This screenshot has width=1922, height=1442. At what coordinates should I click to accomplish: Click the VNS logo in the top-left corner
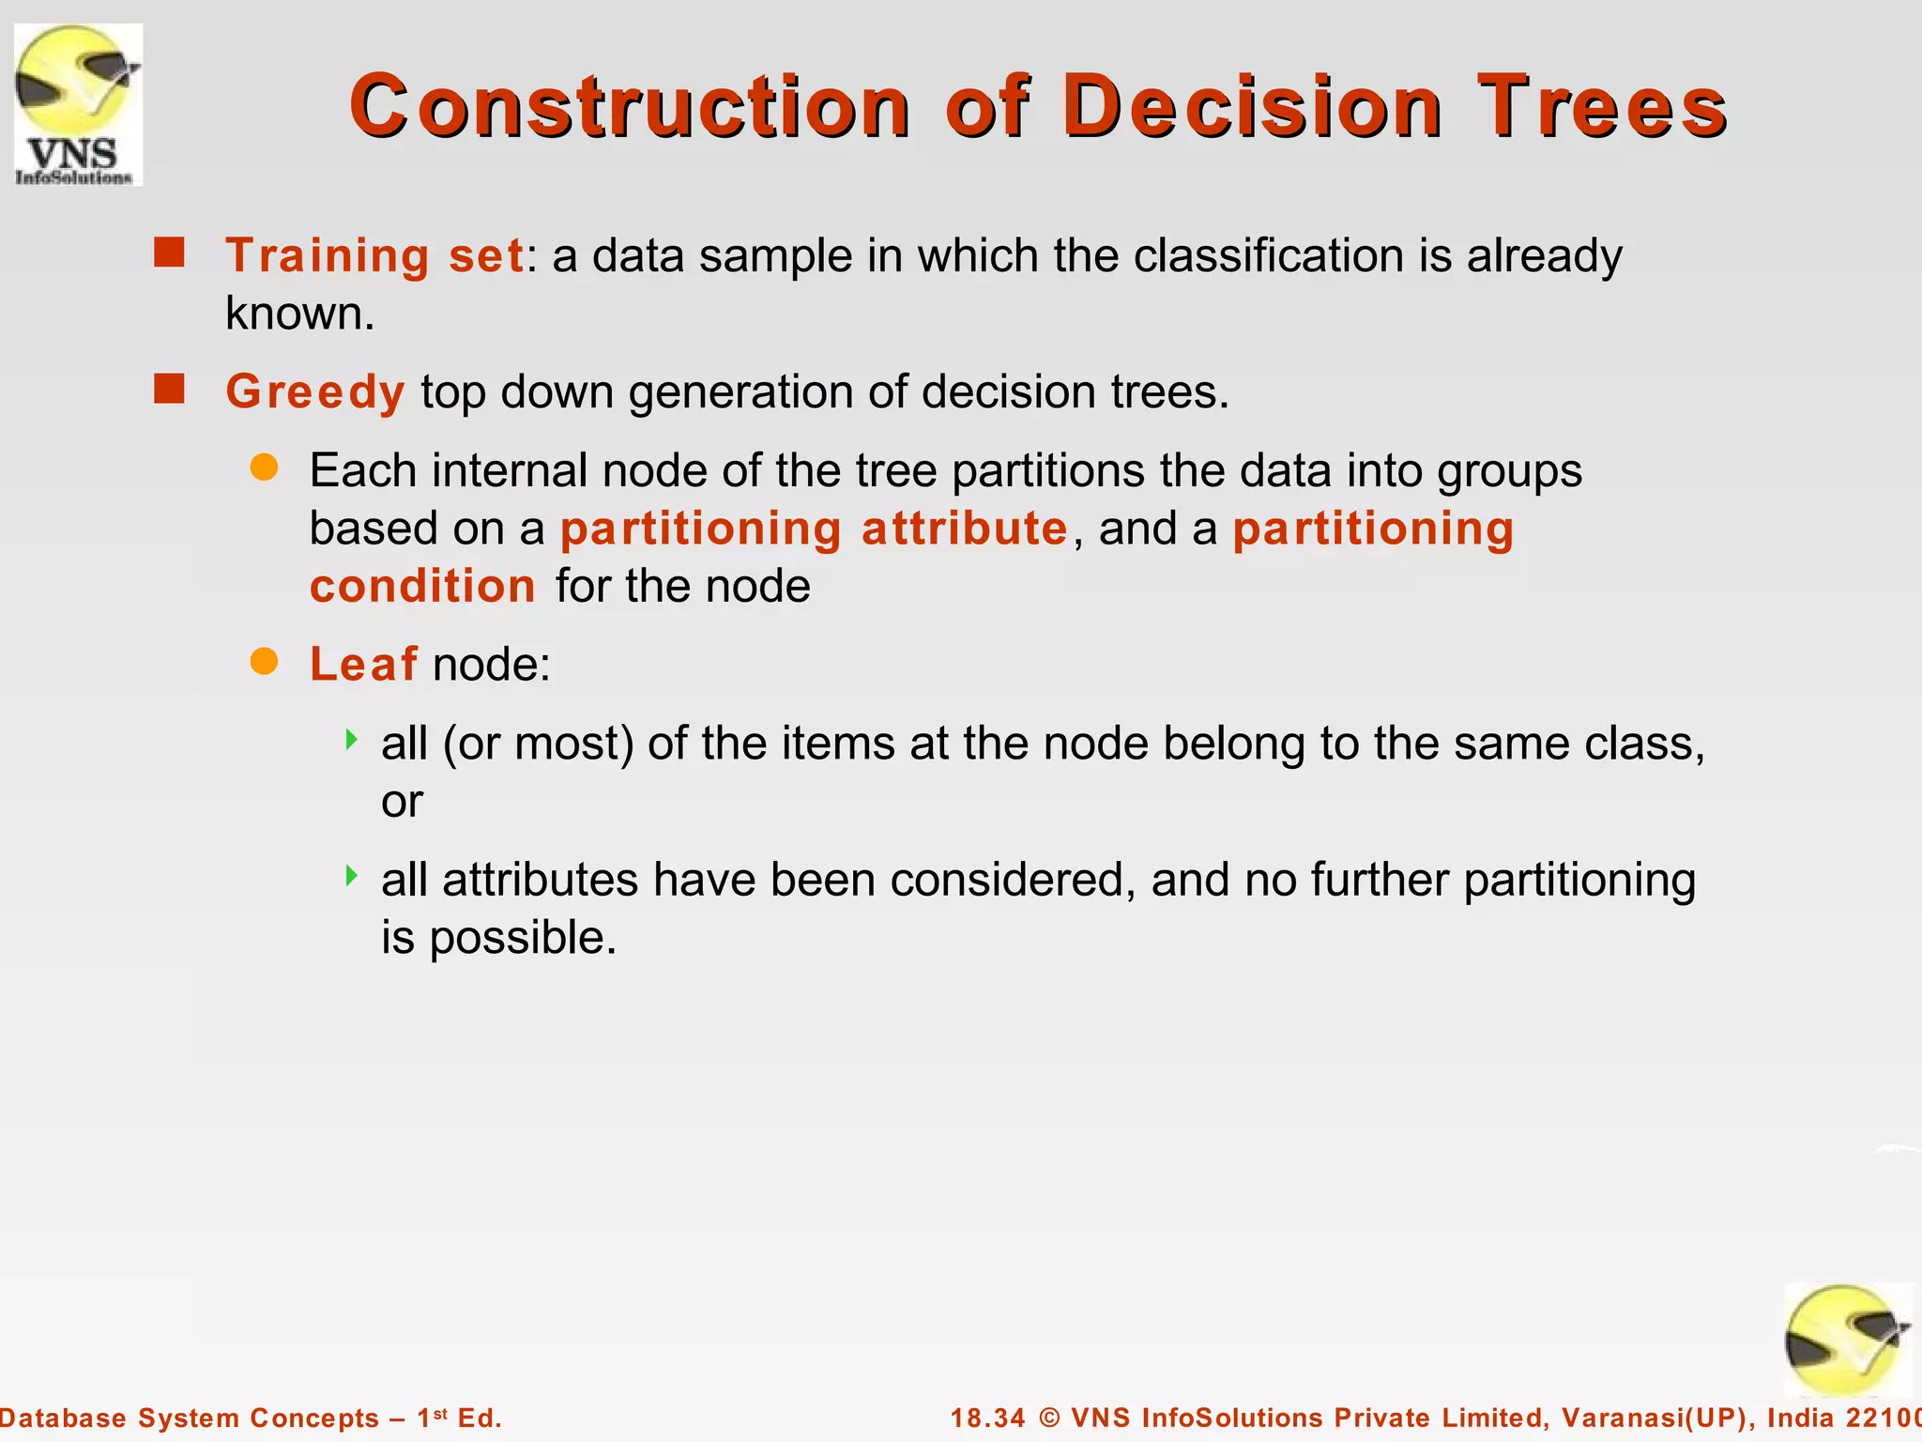(78, 104)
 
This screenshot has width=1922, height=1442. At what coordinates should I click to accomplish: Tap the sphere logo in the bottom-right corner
(1847, 1341)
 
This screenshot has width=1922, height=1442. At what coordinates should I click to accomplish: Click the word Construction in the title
(629, 106)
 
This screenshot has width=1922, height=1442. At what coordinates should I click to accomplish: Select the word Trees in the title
(1602, 106)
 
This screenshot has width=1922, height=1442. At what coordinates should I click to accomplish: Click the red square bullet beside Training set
(169, 253)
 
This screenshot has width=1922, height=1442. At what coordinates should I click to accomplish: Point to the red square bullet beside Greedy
(169, 389)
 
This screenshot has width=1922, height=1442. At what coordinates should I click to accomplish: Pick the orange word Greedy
(315, 391)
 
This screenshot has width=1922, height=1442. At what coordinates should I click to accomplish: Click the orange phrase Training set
(374, 255)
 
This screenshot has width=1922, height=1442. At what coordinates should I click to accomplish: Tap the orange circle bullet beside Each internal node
(265, 468)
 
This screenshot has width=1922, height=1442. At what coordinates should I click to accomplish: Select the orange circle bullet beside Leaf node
(265, 662)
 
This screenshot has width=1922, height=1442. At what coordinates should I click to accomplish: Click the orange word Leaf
(363, 665)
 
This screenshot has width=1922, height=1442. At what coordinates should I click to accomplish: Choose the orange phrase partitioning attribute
(814, 529)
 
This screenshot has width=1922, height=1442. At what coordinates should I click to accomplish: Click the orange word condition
(422, 587)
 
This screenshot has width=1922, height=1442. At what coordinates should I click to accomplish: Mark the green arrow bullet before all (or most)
(352, 740)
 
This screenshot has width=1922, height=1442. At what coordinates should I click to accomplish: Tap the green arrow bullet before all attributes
(352, 876)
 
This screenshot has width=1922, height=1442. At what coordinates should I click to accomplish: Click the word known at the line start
(298, 314)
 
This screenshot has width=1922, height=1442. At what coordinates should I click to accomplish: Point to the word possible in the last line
(522, 938)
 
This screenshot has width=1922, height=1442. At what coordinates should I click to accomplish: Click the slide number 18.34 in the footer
(987, 1418)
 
